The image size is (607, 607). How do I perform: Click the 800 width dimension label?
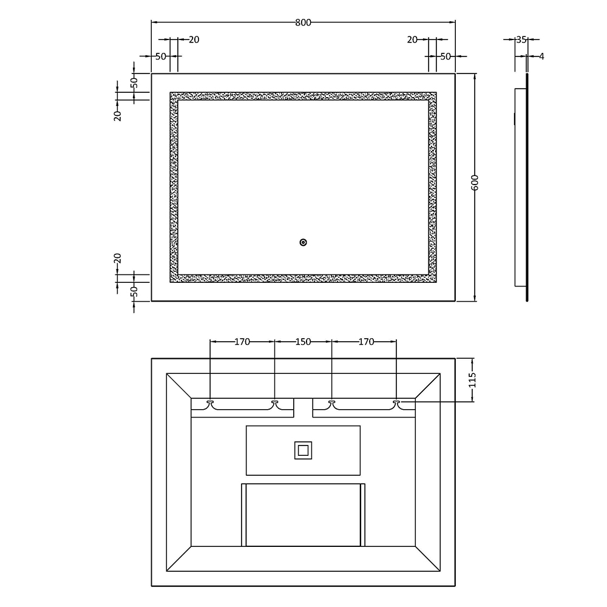tap(303, 22)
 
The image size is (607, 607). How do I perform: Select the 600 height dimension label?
tap(475, 183)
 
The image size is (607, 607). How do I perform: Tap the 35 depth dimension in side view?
tap(521, 39)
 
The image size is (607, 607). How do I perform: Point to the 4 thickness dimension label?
tap(541, 56)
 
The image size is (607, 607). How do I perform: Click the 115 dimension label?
tap(472, 380)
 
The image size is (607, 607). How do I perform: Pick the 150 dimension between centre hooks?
tap(303, 342)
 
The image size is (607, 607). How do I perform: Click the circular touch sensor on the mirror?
tap(303, 243)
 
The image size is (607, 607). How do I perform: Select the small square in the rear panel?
tap(303, 450)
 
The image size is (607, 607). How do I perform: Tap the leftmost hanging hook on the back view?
tap(210, 404)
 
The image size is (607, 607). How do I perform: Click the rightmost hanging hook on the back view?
tap(396, 404)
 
